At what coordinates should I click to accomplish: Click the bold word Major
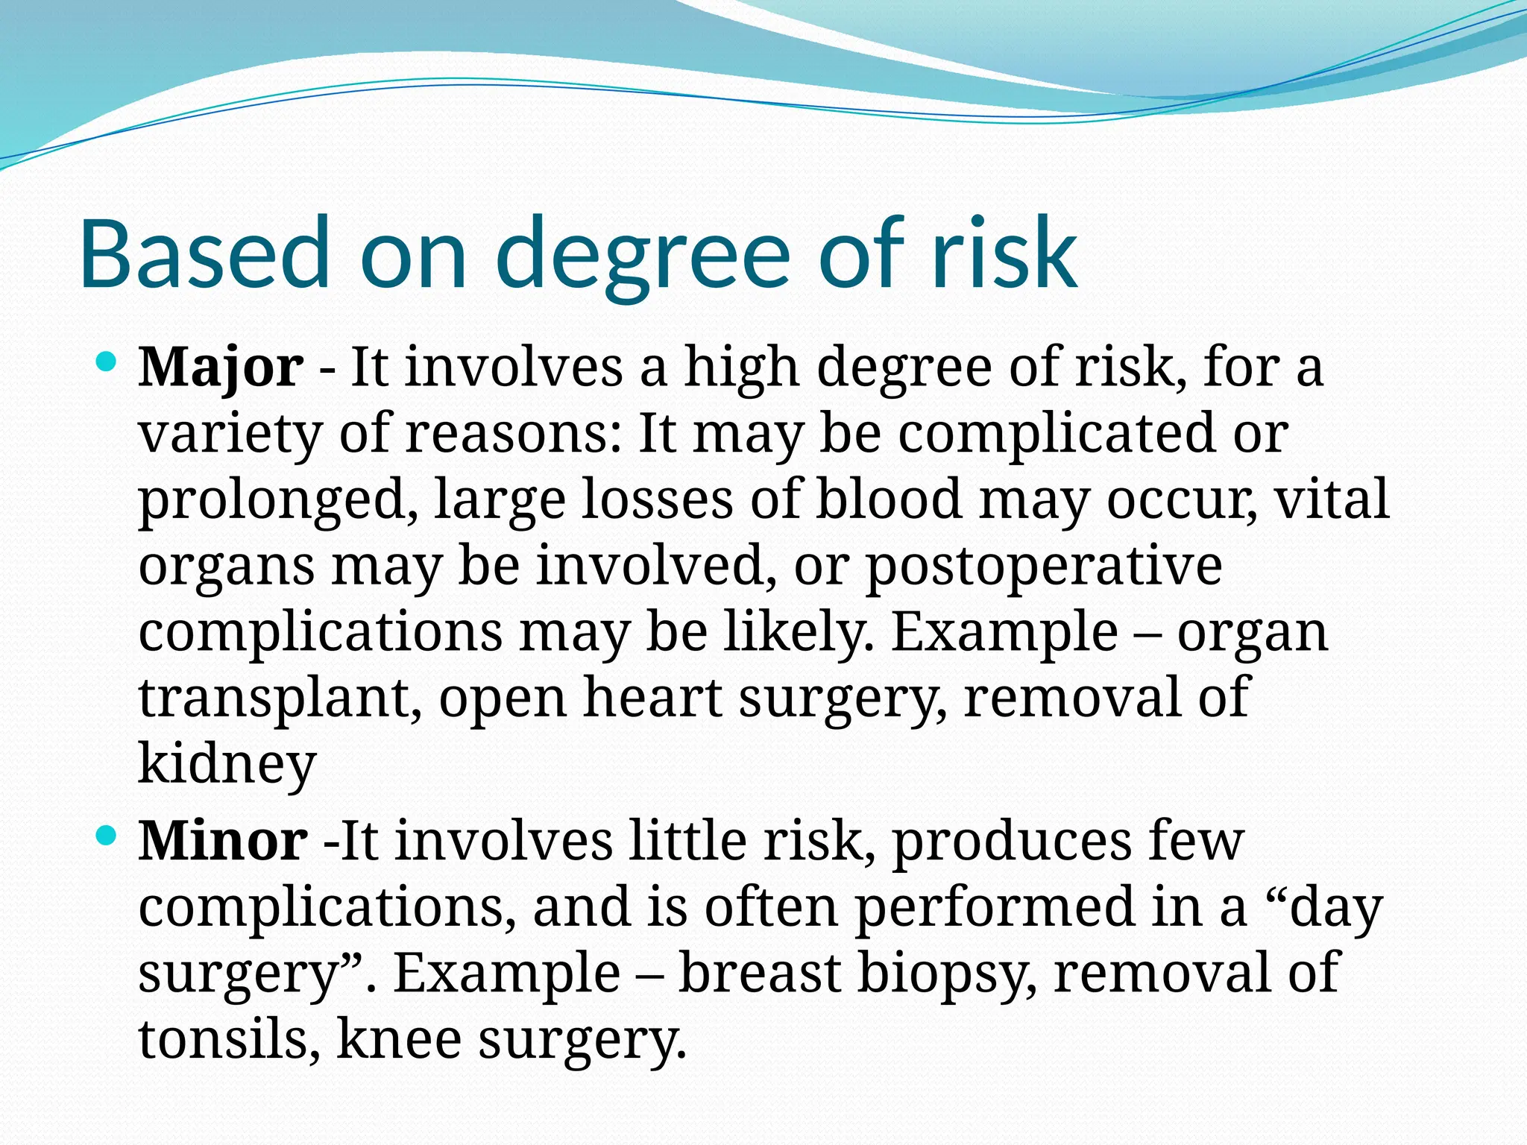tap(221, 368)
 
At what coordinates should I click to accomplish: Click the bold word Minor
tap(222, 841)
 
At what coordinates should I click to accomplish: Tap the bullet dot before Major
tap(107, 363)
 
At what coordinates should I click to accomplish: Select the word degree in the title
tap(642, 253)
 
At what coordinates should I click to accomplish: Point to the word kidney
tap(227, 763)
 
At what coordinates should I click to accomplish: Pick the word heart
tap(652, 697)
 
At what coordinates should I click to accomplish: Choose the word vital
tap(1332, 499)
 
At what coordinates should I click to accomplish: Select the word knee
tap(399, 1038)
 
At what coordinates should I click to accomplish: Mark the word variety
tap(230, 435)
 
